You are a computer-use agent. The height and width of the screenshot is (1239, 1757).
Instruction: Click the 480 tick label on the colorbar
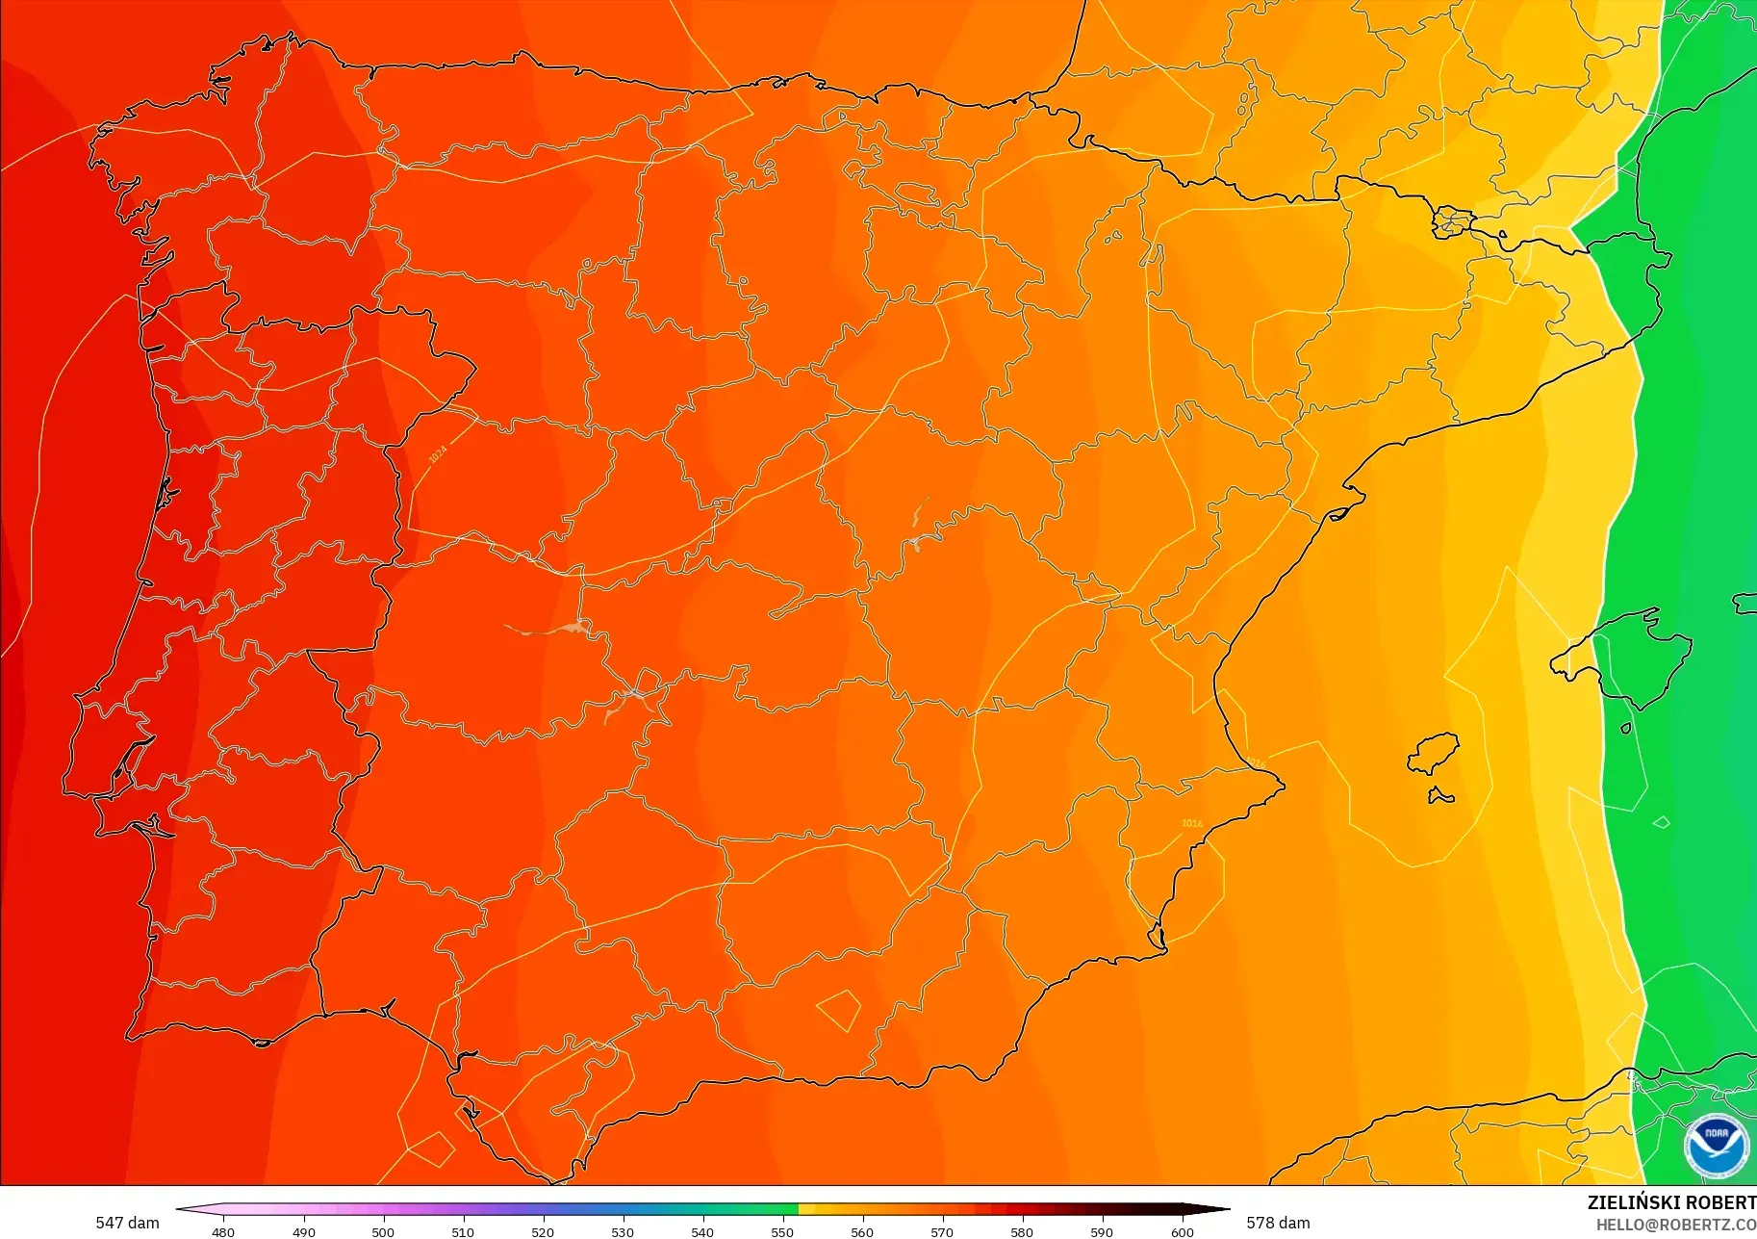(x=223, y=1231)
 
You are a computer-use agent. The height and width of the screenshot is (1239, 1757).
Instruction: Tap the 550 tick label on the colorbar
(x=782, y=1231)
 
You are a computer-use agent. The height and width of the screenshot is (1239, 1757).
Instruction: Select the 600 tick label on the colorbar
(x=1182, y=1231)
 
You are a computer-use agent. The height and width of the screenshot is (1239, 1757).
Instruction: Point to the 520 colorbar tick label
(x=543, y=1231)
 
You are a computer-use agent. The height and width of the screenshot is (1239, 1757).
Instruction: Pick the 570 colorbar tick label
(x=942, y=1231)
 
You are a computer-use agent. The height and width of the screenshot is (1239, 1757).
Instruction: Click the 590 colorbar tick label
(x=1102, y=1231)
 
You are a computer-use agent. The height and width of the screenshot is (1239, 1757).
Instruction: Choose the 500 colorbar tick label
(x=383, y=1231)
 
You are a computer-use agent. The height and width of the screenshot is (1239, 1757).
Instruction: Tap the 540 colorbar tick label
(x=702, y=1231)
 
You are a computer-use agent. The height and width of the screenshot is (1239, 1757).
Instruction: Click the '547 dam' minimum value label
(x=127, y=1223)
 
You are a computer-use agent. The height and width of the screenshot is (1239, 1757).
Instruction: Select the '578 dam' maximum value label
(x=1278, y=1223)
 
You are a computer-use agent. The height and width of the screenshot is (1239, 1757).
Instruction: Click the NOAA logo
(x=1716, y=1145)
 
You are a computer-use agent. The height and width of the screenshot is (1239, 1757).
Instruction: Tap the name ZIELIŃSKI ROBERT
(x=1671, y=1202)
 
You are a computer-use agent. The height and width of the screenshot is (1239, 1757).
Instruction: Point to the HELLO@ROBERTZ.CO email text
(x=1675, y=1225)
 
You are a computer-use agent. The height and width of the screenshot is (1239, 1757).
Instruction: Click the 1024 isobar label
(x=438, y=453)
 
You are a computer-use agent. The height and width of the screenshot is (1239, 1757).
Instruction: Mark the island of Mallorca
(x=1626, y=659)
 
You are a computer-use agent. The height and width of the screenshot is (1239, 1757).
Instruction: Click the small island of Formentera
(x=1440, y=795)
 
